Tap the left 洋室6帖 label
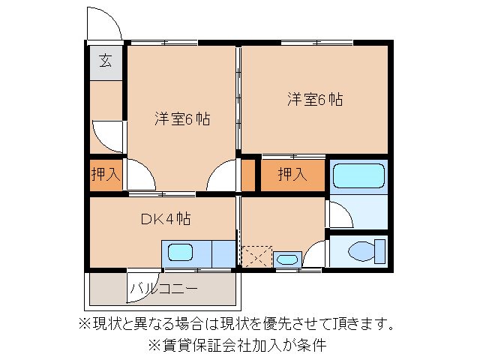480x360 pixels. click(x=182, y=118)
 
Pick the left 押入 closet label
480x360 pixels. click(x=106, y=175)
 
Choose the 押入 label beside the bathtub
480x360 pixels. click(x=292, y=175)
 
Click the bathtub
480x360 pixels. click(x=358, y=175)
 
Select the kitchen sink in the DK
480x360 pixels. click(x=180, y=253)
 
